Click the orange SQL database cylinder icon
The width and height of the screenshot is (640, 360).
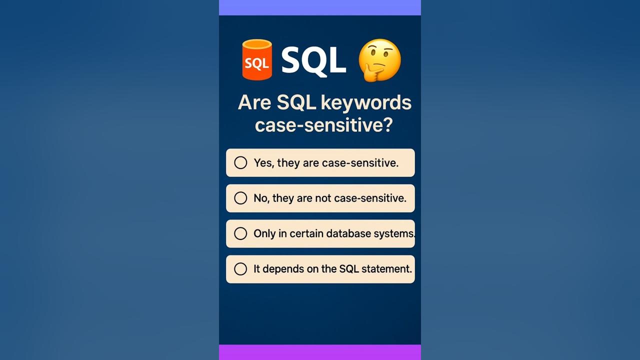pyautogui.click(x=257, y=60)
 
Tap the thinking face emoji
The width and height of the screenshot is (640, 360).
pyautogui.click(x=380, y=59)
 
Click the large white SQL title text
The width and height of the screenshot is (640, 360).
pyautogui.click(x=313, y=60)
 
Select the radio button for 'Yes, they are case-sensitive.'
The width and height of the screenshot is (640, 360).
pyautogui.click(x=240, y=162)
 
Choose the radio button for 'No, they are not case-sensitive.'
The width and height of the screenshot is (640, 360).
pyautogui.click(x=240, y=198)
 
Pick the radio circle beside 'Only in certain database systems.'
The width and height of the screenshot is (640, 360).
pyautogui.click(x=240, y=233)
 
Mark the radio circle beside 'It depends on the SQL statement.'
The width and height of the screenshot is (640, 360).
pyautogui.click(x=240, y=269)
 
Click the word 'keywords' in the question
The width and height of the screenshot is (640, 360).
pyautogui.click(x=366, y=102)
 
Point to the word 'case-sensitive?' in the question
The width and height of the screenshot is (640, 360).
pyautogui.click(x=323, y=124)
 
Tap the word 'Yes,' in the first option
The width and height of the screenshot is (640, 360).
pyautogui.click(x=264, y=163)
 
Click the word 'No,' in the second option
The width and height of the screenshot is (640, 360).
pyautogui.click(x=261, y=198)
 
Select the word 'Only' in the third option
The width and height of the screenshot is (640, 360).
pyautogui.click(x=264, y=233)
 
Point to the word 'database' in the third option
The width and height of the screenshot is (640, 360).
pyautogui.click(x=347, y=233)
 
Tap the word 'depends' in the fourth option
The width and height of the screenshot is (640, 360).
pyautogui.click(x=279, y=269)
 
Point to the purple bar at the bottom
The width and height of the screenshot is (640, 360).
pyautogui.click(x=320, y=352)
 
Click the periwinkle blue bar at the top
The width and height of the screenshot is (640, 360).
pyautogui.click(x=320, y=7)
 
